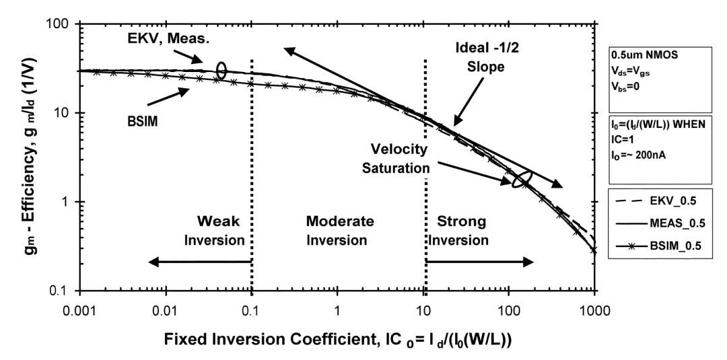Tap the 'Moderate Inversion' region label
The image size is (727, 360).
click(339, 230)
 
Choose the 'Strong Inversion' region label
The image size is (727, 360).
click(462, 230)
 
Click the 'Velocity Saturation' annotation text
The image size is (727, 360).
click(399, 158)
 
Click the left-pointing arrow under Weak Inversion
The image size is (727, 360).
click(200, 262)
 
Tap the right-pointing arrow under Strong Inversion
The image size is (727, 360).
click(479, 262)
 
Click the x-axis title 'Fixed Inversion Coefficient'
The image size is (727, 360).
click(261, 340)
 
